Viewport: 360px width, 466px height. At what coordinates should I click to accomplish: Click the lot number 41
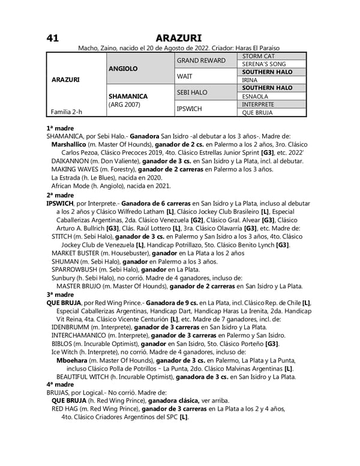tap(52, 38)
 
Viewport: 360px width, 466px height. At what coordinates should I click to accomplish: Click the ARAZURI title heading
tap(180, 38)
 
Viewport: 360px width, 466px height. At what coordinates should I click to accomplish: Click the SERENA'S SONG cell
tap(264, 64)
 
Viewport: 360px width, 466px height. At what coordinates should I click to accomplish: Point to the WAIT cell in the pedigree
tap(184, 76)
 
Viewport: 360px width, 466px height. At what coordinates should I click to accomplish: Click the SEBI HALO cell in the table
tap(191, 92)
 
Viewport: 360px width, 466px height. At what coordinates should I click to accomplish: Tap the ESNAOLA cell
tap(256, 95)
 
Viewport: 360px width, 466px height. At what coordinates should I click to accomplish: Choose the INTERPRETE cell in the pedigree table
tap(260, 103)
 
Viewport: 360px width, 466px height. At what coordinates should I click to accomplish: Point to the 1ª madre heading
tap(60, 128)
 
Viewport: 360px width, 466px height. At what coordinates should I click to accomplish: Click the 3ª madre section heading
tap(60, 295)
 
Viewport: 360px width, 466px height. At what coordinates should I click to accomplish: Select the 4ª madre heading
tap(60, 384)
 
